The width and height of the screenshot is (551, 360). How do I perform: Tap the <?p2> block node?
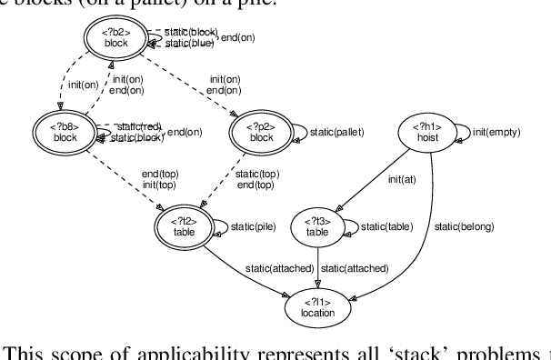pos(261,132)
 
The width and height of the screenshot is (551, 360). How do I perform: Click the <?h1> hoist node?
pos(423,132)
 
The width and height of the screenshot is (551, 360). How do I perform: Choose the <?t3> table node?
pos(316,226)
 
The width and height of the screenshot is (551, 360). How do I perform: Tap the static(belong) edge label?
pos(464,225)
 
